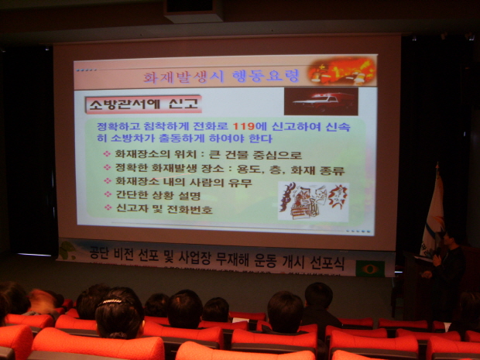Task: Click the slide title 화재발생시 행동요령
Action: [220, 77]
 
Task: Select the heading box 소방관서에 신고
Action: [143, 104]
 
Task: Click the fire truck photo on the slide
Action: [321, 101]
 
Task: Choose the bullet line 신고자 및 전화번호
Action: [164, 210]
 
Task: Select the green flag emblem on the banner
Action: [370, 269]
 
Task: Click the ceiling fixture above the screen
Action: [193, 10]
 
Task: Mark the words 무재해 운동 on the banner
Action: [255, 261]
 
